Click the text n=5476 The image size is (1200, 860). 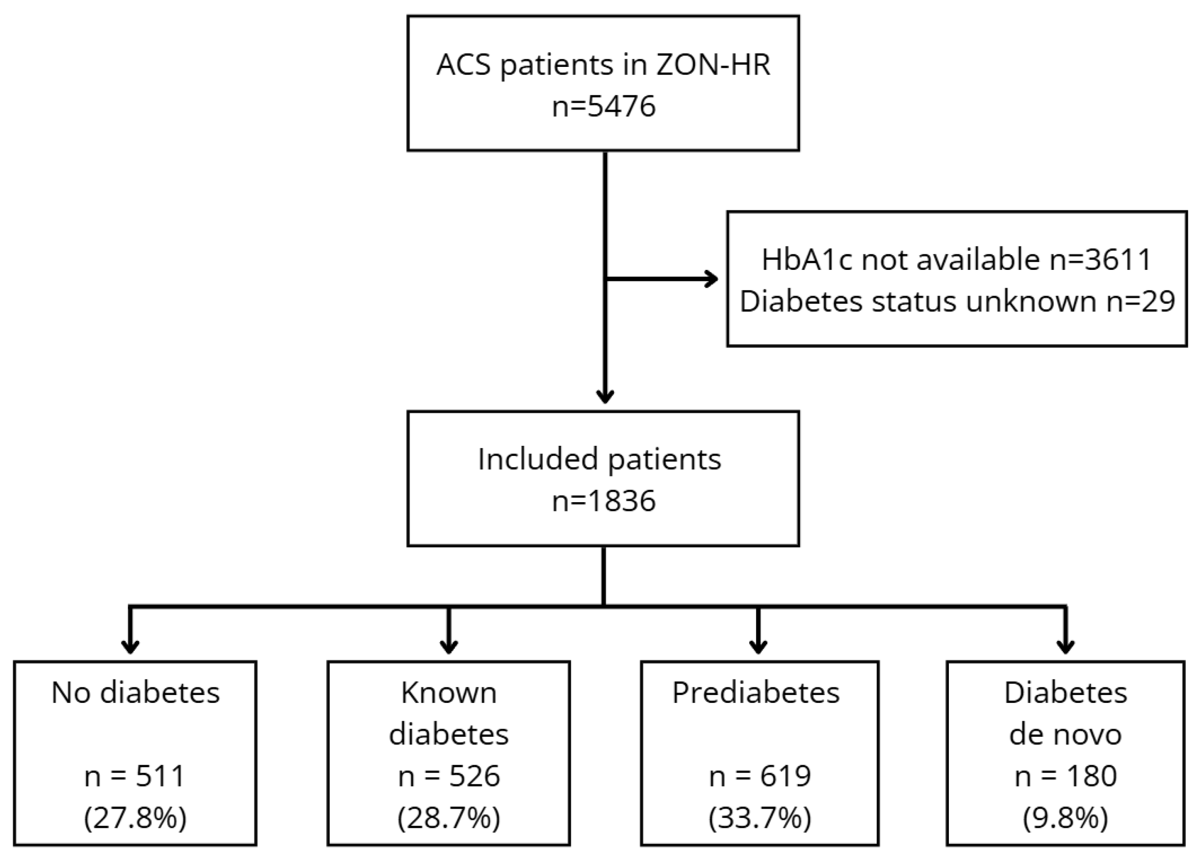point(603,106)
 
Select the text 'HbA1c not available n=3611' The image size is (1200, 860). point(956,259)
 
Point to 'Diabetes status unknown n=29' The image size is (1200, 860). point(957,301)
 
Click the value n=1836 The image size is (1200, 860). point(603,501)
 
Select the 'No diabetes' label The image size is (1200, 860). point(136,692)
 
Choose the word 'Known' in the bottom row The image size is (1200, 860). point(449,692)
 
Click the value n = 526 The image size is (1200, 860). point(449,776)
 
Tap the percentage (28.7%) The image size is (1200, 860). point(449,818)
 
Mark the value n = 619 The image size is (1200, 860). point(760,776)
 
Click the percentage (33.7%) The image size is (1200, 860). point(760,818)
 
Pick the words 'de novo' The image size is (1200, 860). point(1065,734)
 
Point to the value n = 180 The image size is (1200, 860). point(1066,776)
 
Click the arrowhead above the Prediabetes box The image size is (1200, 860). point(758,647)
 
